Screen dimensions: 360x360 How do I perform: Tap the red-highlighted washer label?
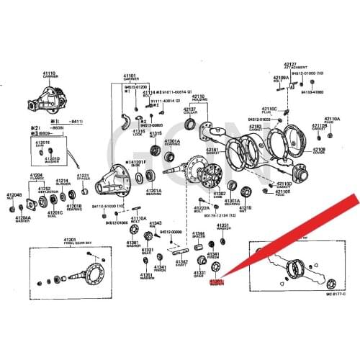(x=217, y=284)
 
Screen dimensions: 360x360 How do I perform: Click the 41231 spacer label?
(x=84, y=177)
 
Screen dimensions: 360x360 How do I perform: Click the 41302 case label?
(x=220, y=195)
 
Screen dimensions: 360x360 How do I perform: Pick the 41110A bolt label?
(x=138, y=219)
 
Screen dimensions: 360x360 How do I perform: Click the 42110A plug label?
(x=332, y=120)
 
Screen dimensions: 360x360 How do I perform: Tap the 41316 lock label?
(x=138, y=134)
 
